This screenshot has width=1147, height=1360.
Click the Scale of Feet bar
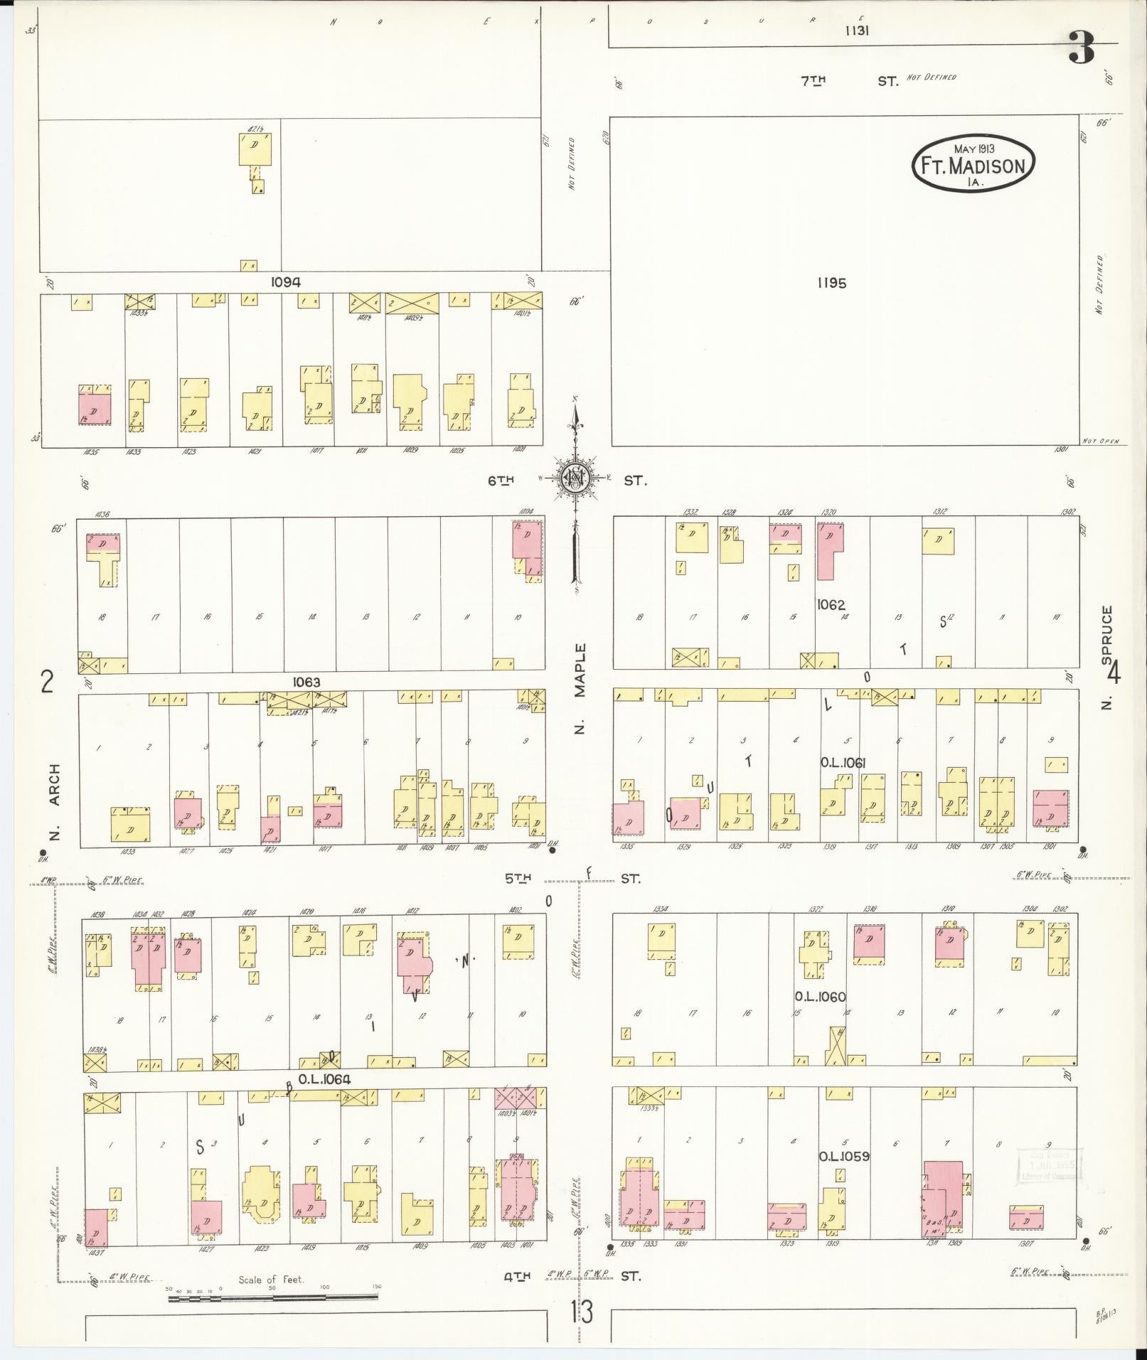[273, 1298]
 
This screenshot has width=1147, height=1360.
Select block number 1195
[831, 283]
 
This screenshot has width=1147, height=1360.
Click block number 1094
[285, 282]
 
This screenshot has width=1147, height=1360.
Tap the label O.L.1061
[843, 762]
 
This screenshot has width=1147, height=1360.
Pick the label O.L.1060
[821, 997]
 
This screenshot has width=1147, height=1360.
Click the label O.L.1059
[844, 1156]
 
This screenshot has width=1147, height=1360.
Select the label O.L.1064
[325, 1079]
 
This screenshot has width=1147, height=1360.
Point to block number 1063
[306, 682]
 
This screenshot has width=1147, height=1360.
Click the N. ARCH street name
[55, 801]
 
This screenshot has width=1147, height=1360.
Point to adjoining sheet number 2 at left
[47, 682]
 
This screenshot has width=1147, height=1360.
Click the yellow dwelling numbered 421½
[255, 150]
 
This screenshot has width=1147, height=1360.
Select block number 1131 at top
[858, 31]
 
